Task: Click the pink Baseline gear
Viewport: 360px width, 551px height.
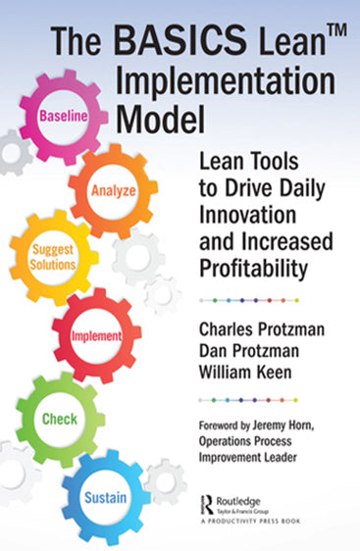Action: [64, 116]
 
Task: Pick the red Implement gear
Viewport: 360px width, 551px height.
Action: [96, 335]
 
